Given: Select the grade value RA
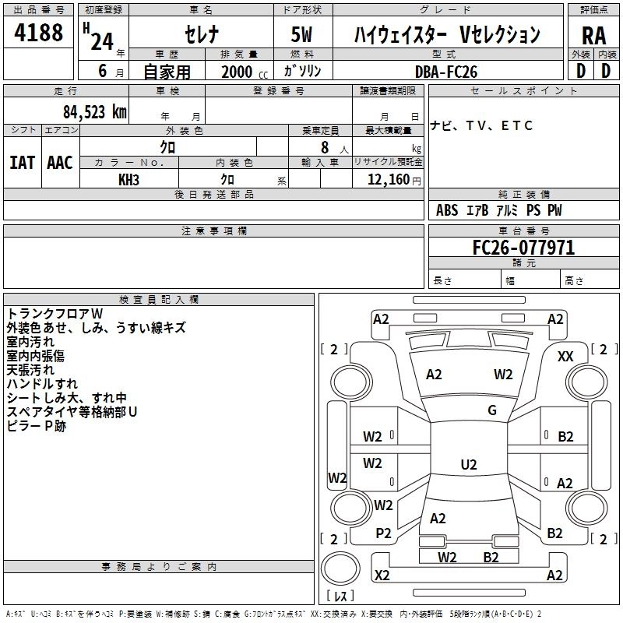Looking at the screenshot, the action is (x=594, y=36).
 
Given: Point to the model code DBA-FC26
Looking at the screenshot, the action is (x=446, y=72).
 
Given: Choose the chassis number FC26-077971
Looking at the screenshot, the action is (x=523, y=248).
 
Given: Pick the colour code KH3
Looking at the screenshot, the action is (x=128, y=179).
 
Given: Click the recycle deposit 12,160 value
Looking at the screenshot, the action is (x=387, y=179).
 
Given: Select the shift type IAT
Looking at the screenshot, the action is (x=22, y=162).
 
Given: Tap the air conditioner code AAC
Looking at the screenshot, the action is (x=60, y=162).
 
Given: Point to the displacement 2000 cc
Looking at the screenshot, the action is (x=242, y=72).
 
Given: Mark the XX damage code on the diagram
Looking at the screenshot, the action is (x=566, y=356).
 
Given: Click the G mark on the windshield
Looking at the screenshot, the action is (x=491, y=410).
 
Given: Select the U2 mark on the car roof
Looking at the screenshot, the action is (x=468, y=465).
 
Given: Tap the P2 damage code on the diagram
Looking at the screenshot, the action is (x=383, y=533).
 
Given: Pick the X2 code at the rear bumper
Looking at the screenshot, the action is (x=382, y=575).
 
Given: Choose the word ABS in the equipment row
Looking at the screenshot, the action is (x=447, y=210).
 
